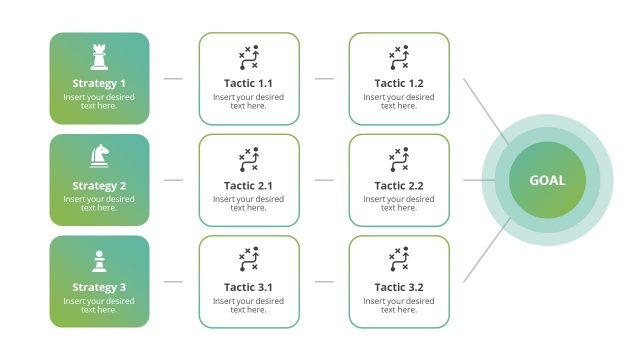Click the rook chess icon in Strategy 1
point(99,56)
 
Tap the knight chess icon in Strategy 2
point(99,156)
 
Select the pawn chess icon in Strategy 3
point(99,259)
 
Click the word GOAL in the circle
point(547,181)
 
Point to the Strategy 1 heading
point(99,84)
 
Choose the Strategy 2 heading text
point(99,186)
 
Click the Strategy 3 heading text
point(99,288)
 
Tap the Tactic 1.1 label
point(248,84)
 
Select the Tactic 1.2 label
point(399,84)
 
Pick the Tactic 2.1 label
point(248,186)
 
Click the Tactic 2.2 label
point(399,186)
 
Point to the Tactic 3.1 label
point(248,288)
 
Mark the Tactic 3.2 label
point(399,288)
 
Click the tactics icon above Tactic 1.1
point(248,58)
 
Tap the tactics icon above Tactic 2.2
point(399,159)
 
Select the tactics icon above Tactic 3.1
point(248,261)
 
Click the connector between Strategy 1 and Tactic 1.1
point(173,78)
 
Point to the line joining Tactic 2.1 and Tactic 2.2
point(324,180)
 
